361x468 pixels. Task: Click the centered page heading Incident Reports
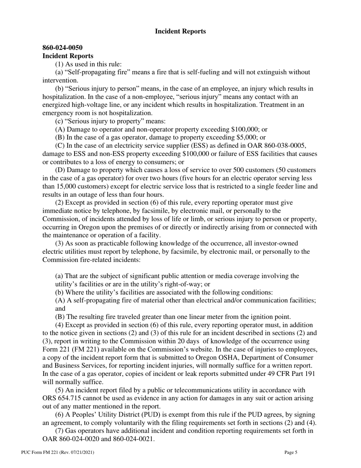click(x=180, y=31)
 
